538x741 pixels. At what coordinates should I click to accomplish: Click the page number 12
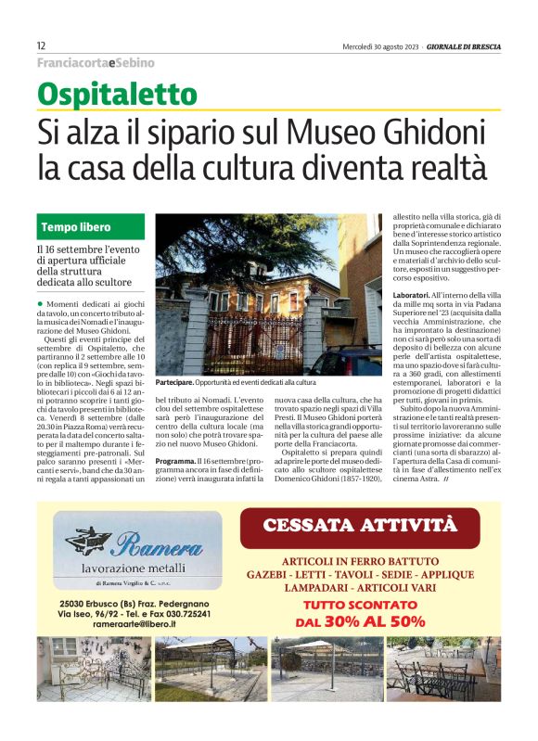pos(41,45)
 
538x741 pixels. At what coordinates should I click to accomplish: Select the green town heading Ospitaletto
pos(117,95)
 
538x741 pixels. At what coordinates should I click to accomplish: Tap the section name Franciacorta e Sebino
pos(96,63)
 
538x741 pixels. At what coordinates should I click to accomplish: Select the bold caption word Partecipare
pos(174,382)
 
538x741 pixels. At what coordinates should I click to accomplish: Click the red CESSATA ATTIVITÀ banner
pos(373,526)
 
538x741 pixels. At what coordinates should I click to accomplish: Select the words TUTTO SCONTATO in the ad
pos(372,605)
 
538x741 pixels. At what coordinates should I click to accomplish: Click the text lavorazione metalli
pos(135,567)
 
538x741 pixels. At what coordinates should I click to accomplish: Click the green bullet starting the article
pos(41,304)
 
